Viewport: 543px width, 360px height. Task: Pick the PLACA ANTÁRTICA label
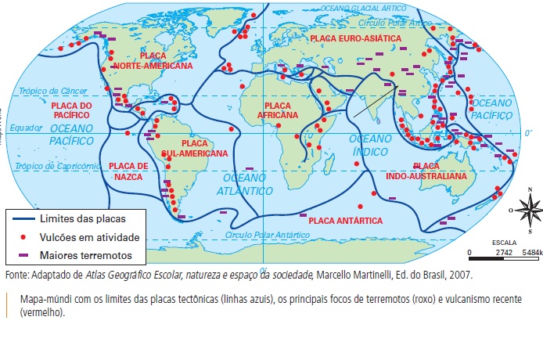345,221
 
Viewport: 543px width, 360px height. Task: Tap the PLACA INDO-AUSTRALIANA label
439,171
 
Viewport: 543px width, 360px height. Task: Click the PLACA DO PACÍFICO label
71,110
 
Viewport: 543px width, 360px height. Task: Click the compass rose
530,209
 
